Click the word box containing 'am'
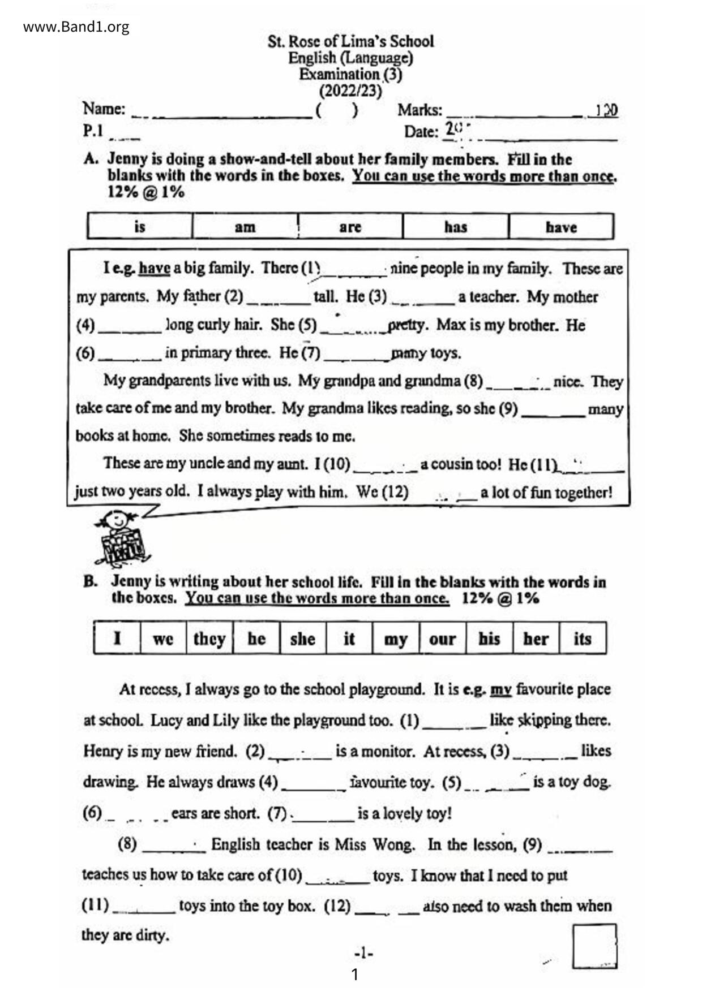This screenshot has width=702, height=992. pos(245,227)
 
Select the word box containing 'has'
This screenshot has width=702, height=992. pos(455,227)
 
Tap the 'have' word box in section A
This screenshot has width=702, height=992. pos(560,227)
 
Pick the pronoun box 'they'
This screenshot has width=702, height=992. pos(209,639)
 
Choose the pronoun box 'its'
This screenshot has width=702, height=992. pos(582,639)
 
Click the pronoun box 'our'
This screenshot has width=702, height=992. pos(442,639)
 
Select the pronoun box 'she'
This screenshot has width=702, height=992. pos(302,639)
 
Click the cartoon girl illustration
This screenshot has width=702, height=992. pos(121,538)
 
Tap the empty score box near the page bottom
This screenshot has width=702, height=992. pos(594,946)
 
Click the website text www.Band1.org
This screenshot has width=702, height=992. pos(76,27)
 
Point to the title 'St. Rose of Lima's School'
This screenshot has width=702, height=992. pos(350,41)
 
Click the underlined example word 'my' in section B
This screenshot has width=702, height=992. pos(501,689)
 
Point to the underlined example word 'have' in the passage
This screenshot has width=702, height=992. pos(154,268)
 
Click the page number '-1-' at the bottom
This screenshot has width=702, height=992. pos(363,953)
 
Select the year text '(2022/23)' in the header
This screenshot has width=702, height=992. pos(350,90)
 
